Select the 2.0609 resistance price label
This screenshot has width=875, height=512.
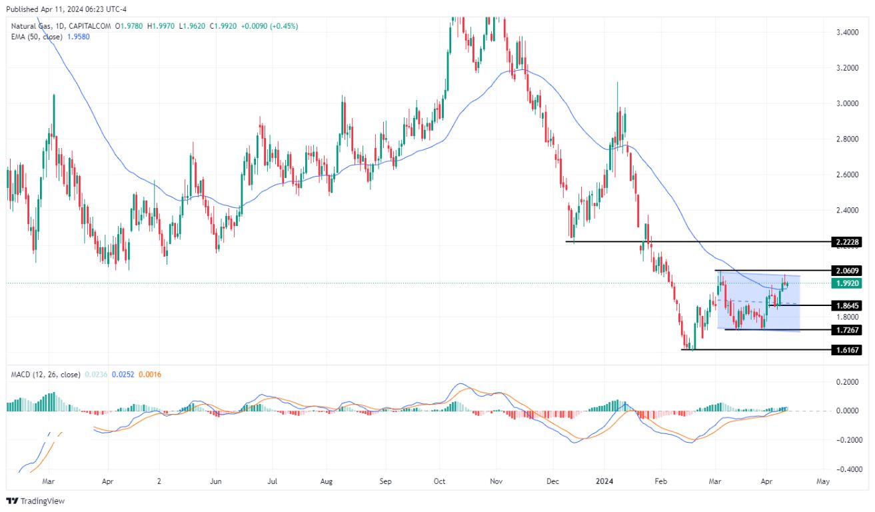coord(846,271)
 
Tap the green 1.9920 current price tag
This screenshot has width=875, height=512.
coord(846,283)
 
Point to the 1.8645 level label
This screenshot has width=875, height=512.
coord(846,305)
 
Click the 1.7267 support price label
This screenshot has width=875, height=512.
coord(846,329)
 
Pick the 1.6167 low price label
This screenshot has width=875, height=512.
coord(846,349)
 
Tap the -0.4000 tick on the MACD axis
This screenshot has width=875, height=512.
coord(844,469)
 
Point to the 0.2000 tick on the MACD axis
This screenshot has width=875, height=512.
coord(846,382)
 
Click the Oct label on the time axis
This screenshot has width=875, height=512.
coord(439,480)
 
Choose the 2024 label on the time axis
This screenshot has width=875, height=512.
coord(604,480)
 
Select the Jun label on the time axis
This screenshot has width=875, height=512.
coord(215,480)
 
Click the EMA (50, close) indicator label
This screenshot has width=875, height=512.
coord(33,37)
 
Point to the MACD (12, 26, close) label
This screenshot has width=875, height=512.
coord(43,375)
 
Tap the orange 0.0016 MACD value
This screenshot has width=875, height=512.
coord(149,375)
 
